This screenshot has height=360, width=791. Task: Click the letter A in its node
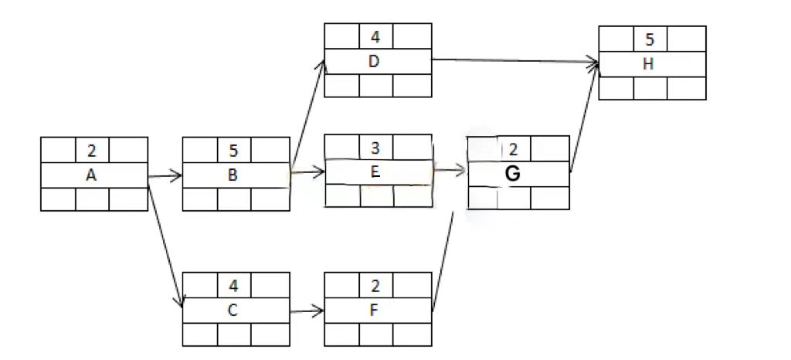91,175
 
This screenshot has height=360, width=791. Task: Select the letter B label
233,175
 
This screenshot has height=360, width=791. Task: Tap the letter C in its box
233,311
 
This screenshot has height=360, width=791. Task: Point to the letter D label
375,62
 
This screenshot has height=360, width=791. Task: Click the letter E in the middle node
375,172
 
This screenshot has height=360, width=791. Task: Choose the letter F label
375,311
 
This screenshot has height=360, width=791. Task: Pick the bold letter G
512,175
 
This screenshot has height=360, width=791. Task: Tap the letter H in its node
648,64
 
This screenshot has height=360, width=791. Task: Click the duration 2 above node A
92,151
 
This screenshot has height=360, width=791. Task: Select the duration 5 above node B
234,151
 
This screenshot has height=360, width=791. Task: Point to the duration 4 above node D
375,36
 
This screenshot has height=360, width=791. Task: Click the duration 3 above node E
375,147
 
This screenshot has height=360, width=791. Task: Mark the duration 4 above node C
234,286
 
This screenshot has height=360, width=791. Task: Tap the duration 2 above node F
375,286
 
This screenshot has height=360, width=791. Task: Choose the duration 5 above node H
649,39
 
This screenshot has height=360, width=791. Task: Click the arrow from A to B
165,176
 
